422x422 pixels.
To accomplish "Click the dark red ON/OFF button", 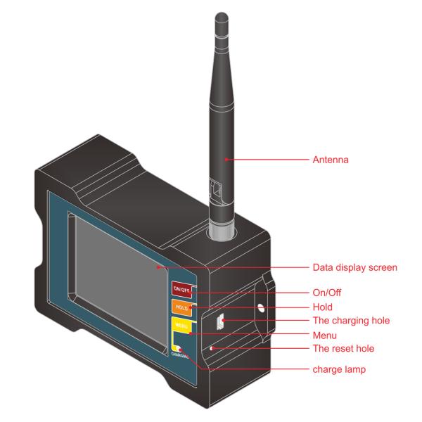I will click(x=181, y=288).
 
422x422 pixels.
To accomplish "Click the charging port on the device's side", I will click(x=219, y=322).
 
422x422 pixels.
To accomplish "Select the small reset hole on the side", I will click(x=211, y=347).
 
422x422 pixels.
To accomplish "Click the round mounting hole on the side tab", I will click(x=260, y=307).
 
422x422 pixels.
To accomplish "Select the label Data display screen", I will click(x=355, y=267).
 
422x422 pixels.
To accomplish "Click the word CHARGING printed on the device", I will click(x=180, y=356).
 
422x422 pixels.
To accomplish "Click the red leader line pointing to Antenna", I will click(x=267, y=160).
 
